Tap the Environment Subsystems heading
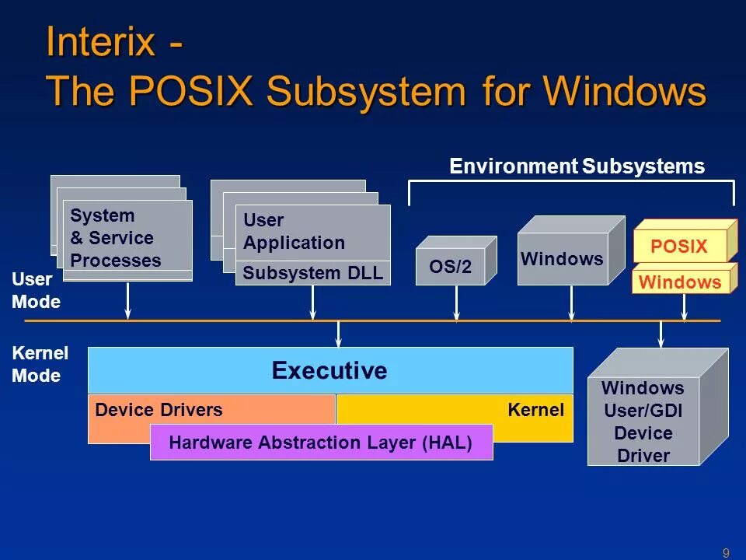[x=577, y=166]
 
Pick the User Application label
[x=294, y=232]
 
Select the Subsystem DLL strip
[x=312, y=273]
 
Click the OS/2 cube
[x=451, y=267]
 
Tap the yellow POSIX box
[x=679, y=247]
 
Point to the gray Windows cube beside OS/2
[x=563, y=258]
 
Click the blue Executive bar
[x=329, y=370]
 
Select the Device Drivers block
[x=159, y=410]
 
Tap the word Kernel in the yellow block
[x=535, y=410]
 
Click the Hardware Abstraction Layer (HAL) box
[x=320, y=443]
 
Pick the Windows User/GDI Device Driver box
[x=643, y=422]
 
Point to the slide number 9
[x=726, y=553]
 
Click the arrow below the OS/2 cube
[x=457, y=303]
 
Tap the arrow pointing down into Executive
[x=338, y=333]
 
